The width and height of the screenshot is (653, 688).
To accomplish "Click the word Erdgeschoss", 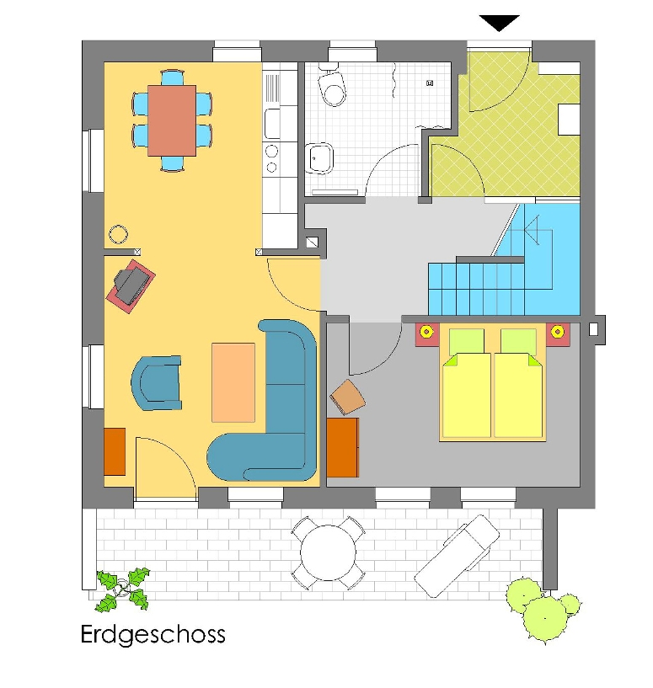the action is tap(153, 634).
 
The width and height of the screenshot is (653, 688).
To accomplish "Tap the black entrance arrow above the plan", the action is tap(499, 23).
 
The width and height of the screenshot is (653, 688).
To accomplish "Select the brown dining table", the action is tap(172, 120).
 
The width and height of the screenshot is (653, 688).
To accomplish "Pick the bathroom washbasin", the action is tap(318, 158).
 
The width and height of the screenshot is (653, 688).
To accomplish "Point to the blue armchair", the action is tap(157, 383).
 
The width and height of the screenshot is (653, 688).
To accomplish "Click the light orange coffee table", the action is tap(233, 382).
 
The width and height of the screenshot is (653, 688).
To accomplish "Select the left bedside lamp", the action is tap(426, 332).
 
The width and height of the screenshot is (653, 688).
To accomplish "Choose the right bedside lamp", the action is tap(557, 332).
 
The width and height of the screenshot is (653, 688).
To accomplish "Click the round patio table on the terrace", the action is tap(328, 552).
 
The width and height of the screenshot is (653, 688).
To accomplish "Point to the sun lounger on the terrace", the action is tap(457, 556).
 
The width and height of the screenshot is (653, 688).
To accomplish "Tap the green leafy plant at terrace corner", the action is tap(123, 589).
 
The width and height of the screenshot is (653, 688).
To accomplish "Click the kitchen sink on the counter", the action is tap(272, 124).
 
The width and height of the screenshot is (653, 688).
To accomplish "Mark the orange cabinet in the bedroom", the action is tap(343, 447).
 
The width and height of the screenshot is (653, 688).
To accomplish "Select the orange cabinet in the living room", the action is tap(115, 451).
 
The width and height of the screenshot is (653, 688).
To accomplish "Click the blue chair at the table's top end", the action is tap(172, 77).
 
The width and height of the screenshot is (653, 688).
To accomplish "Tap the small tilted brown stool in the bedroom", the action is tap(347, 397).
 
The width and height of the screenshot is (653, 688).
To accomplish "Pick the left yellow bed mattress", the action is tap(466, 394).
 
